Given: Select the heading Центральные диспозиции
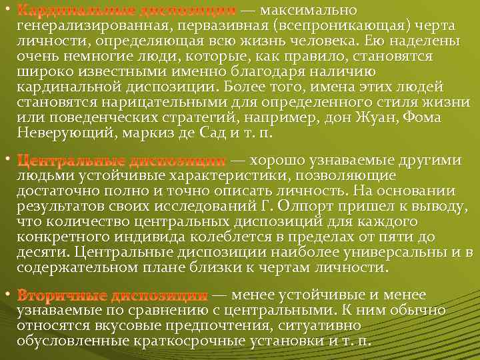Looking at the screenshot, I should (x=121, y=161).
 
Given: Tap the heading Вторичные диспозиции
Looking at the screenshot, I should (x=112, y=295).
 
